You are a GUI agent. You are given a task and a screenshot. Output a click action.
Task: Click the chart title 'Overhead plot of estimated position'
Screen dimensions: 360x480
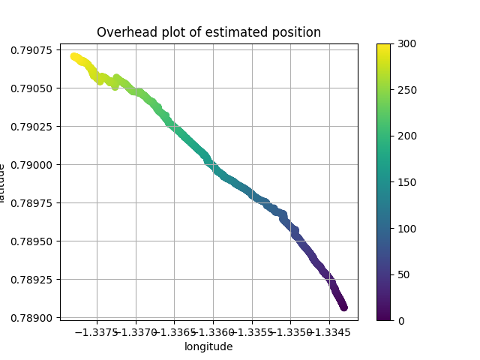[x=208, y=32]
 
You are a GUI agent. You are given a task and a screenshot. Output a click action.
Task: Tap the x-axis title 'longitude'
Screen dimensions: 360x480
[x=208, y=346]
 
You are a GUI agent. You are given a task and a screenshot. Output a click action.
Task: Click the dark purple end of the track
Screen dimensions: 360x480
[x=343, y=307]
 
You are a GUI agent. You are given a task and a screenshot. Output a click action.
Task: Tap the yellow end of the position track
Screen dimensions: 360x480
[x=74, y=56]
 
